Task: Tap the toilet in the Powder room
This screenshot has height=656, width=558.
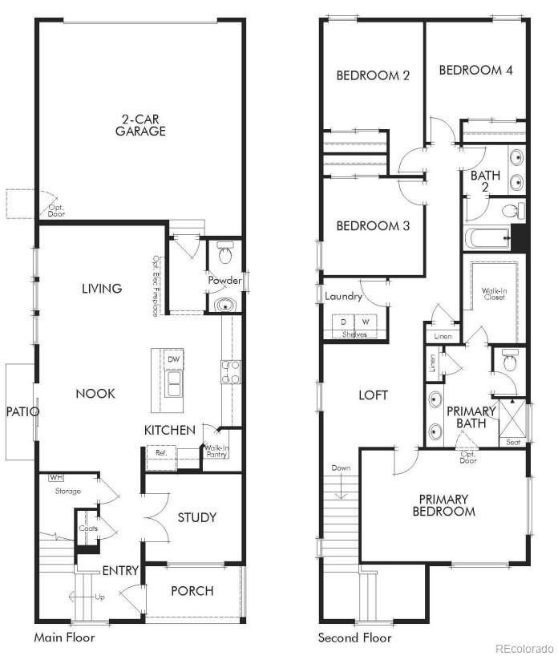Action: click(224, 256)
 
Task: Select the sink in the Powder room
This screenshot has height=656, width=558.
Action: click(225, 305)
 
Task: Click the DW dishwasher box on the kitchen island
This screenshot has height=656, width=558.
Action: click(174, 360)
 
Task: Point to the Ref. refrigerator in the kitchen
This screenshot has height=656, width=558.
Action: click(161, 452)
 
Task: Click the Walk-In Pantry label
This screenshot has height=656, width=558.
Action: click(216, 452)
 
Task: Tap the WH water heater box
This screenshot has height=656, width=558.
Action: click(56, 478)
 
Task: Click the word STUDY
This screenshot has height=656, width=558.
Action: click(196, 517)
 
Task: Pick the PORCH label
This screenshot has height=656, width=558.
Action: click(192, 591)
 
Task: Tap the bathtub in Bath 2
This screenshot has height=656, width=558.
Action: click(487, 238)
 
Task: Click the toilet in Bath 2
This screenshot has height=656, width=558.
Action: click(511, 211)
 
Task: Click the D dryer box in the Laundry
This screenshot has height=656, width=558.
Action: click(347, 322)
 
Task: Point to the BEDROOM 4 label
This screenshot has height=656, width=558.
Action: click(475, 70)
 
